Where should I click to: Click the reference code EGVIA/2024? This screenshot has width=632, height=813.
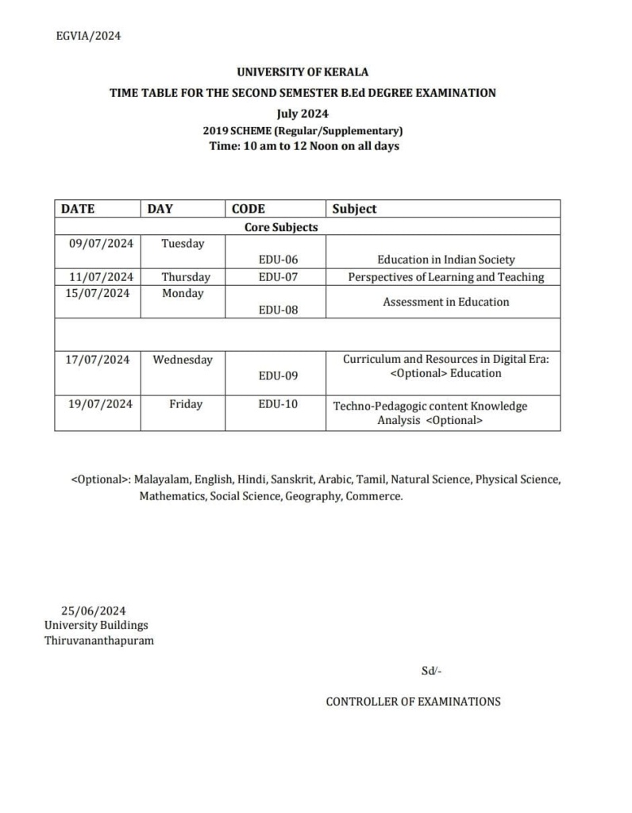(89, 35)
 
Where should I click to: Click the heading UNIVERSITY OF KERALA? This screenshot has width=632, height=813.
(303, 72)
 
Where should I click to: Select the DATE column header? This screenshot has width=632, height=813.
(78, 209)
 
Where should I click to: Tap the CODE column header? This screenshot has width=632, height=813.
(249, 209)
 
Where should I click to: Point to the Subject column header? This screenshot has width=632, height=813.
(354, 209)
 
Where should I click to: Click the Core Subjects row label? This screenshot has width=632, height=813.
(281, 227)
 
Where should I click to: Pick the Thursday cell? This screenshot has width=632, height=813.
(186, 277)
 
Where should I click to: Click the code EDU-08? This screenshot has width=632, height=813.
(278, 310)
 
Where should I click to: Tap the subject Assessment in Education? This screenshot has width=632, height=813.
(446, 302)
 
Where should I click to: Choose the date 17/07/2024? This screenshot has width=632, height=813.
(97, 360)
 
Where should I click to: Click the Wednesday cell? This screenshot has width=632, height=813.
(183, 360)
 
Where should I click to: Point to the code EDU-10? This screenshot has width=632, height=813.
(278, 404)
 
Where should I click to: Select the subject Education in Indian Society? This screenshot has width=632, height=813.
(446, 260)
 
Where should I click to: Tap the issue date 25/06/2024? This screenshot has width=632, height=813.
(94, 611)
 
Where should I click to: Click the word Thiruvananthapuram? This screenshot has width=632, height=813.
(99, 640)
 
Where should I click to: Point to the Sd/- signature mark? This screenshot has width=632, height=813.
(431, 671)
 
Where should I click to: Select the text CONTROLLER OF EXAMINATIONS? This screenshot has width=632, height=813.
(413, 701)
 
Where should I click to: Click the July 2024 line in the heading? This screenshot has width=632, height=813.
(303, 113)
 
